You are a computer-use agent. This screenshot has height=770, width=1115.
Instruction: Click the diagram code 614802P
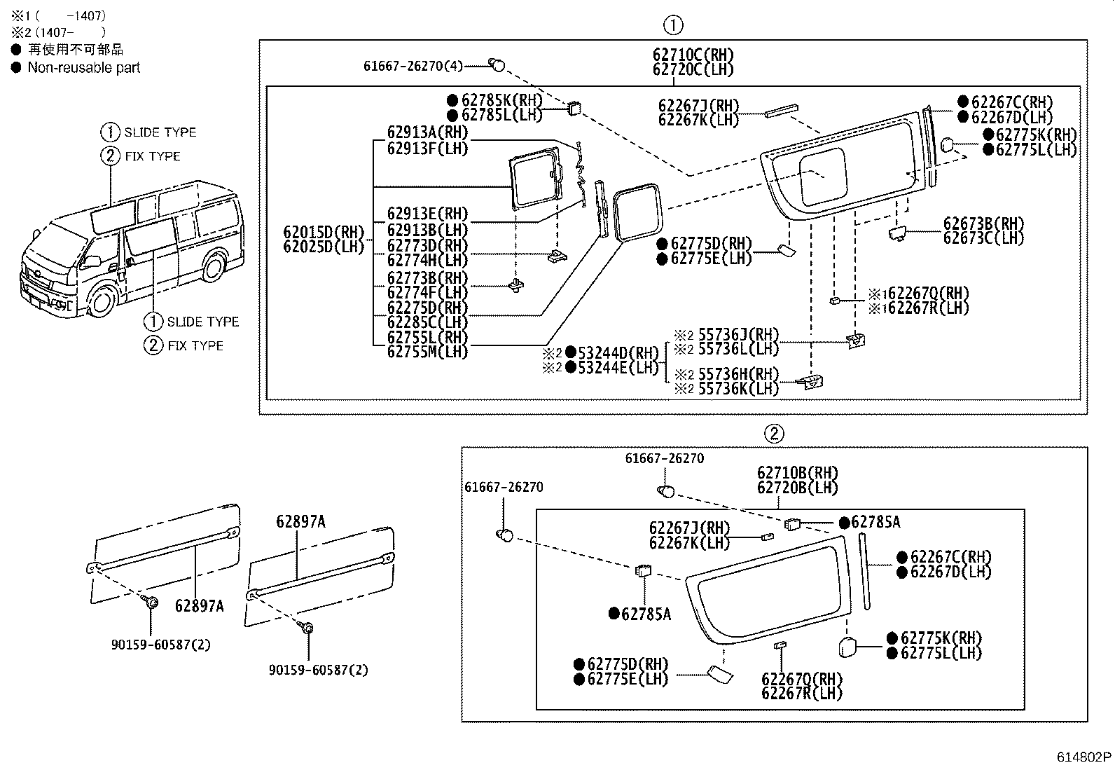[1084, 757]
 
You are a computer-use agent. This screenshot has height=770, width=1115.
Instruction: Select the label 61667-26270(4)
[413, 66]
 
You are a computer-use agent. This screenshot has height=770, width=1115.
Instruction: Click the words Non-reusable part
[83, 68]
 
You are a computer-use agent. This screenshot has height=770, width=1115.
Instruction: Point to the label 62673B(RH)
[983, 224]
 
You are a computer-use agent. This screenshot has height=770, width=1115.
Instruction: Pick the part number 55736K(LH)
[738, 388]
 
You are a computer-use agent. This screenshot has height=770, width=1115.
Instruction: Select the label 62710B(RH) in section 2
[797, 473]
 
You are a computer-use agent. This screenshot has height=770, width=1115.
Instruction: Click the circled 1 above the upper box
[672, 26]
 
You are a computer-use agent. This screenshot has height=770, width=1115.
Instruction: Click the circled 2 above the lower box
[773, 434]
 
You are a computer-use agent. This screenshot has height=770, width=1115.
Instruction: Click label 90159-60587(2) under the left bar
[161, 644]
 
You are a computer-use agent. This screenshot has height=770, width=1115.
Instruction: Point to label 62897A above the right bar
[300, 521]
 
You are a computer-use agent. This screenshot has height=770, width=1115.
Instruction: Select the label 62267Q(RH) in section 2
[802, 679]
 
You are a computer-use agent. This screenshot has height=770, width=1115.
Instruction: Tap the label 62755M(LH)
[427, 352]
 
